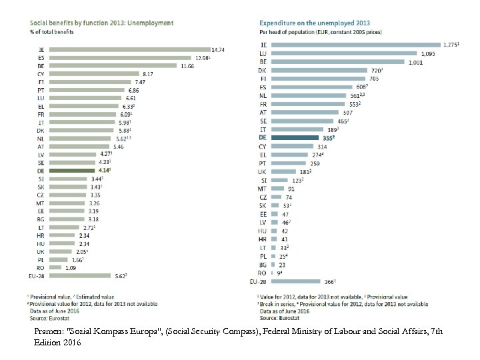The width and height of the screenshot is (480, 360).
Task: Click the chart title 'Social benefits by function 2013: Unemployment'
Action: click(x=101, y=22)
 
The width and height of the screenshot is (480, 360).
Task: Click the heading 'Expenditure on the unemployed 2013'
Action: click(x=313, y=22)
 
